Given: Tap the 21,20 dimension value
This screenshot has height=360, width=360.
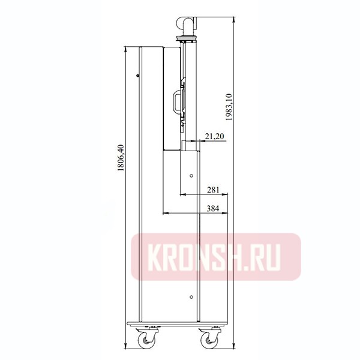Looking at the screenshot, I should pyautogui.click(x=214, y=137).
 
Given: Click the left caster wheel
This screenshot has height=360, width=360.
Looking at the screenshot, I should pyautogui.click(x=147, y=339).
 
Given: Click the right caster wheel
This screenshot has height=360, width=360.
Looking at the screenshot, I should pyautogui.click(x=211, y=339).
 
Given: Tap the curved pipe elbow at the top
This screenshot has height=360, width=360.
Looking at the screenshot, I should pyautogui.click(x=187, y=25).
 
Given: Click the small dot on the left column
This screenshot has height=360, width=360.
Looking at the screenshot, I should pyautogui.click(x=137, y=76).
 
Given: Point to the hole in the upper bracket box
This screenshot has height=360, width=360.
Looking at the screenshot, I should pyautogui.click(x=191, y=176).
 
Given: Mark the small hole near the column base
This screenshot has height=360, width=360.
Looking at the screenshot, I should pyautogui.click(x=191, y=296).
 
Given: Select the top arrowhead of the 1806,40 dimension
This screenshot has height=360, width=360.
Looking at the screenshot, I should pyautogui.click(x=124, y=49).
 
